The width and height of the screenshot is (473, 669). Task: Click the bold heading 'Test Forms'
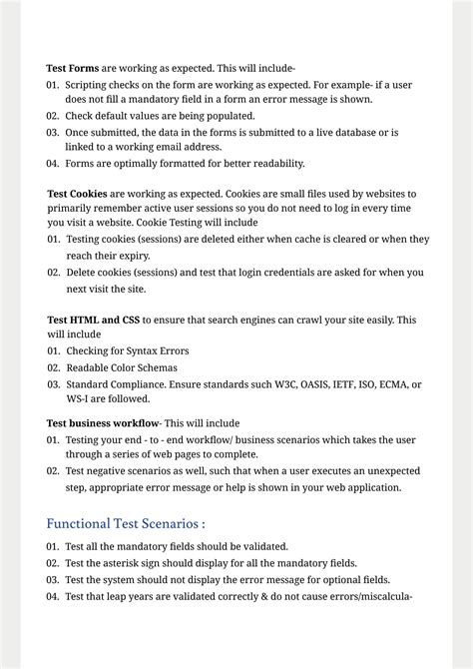click(x=71, y=68)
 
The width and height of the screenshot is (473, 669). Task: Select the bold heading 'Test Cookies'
click(x=77, y=193)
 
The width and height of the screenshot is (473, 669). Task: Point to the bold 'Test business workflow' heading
click(x=104, y=422)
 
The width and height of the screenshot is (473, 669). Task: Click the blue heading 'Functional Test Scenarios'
click(x=125, y=522)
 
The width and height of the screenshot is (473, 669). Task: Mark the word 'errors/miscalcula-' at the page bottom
click(x=362, y=596)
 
